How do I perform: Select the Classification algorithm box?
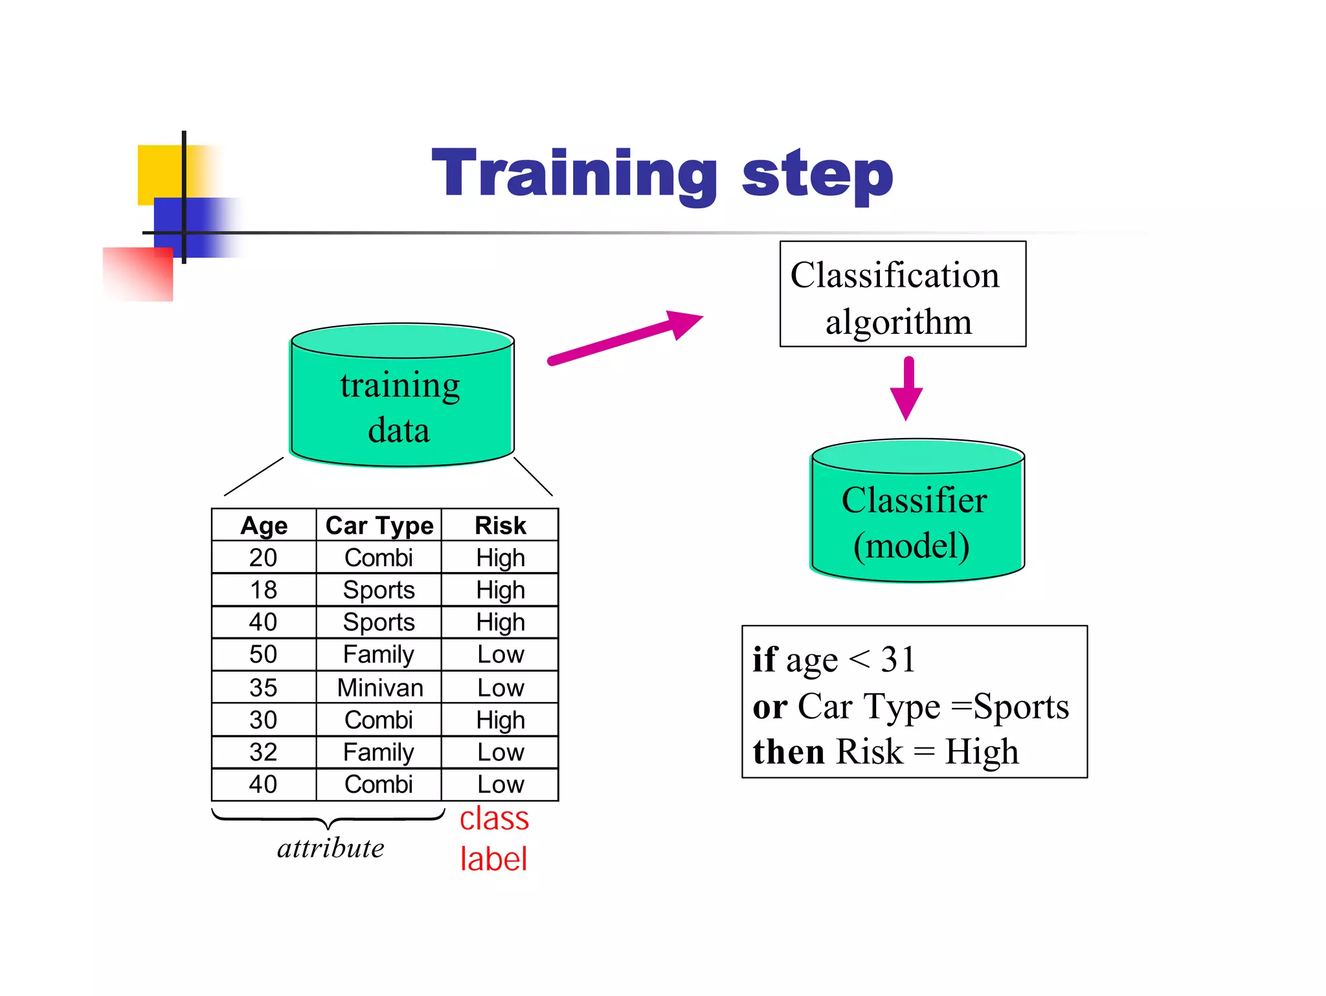(x=902, y=294)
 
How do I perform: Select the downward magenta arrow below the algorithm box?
(x=906, y=388)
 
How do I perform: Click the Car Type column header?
(x=379, y=526)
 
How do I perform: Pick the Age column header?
(x=264, y=526)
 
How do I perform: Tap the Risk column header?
(x=500, y=526)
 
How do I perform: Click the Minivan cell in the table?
(x=380, y=687)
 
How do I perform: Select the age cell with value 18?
(x=264, y=590)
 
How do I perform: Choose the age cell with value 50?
(x=264, y=654)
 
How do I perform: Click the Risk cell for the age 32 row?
(x=500, y=752)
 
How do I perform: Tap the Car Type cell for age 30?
(x=378, y=720)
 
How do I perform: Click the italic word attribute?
(x=330, y=848)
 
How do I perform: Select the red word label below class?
(x=493, y=859)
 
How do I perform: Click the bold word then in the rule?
(x=788, y=752)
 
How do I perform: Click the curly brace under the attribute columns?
(x=328, y=819)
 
